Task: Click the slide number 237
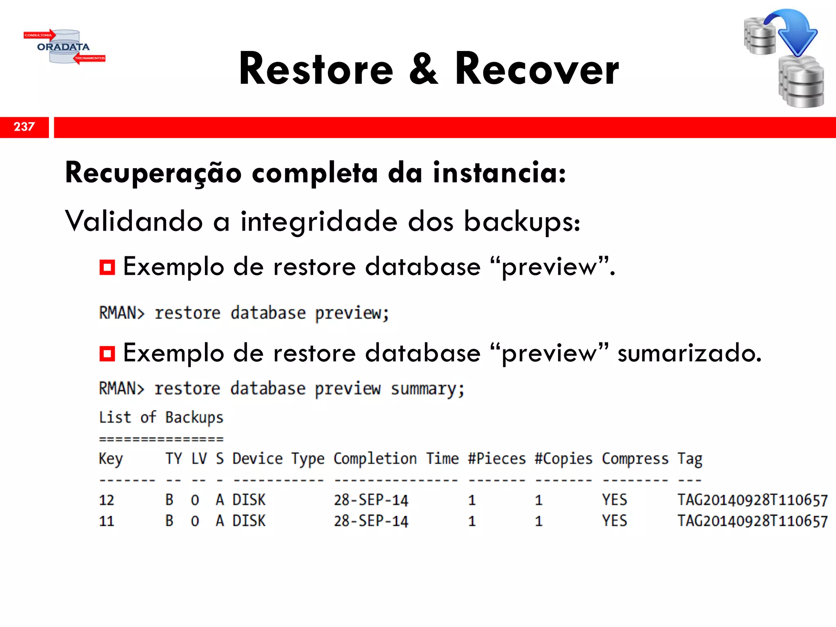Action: (x=24, y=127)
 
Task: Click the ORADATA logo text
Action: (x=63, y=47)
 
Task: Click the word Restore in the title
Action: (x=316, y=69)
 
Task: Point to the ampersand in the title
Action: (x=424, y=69)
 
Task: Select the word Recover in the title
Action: (x=537, y=69)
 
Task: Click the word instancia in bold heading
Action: (x=499, y=173)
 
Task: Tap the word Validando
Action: (x=134, y=221)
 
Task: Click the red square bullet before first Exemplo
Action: (x=107, y=267)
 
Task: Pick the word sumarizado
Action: (x=689, y=353)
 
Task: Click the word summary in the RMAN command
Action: (x=427, y=389)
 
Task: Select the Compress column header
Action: (x=635, y=459)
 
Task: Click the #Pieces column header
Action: (x=497, y=459)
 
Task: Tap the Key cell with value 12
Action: (x=107, y=500)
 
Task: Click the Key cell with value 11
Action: (x=107, y=521)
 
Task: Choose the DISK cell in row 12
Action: (x=249, y=500)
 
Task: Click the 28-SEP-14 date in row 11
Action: (x=371, y=521)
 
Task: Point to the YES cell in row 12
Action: (x=614, y=500)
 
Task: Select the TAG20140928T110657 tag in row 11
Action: (x=752, y=521)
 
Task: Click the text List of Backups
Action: (x=161, y=418)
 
